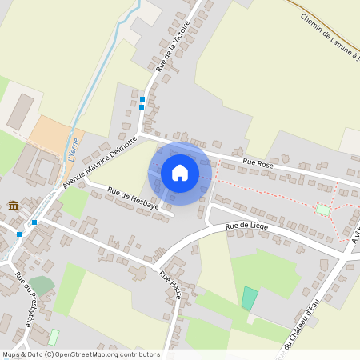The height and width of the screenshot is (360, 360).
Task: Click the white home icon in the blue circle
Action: [180, 172]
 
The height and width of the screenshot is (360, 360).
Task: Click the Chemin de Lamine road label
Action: [328, 35]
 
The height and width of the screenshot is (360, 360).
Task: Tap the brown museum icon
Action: [14, 207]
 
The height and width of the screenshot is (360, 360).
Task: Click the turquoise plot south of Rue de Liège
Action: [250, 298]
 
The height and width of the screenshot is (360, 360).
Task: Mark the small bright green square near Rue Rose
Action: [323, 210]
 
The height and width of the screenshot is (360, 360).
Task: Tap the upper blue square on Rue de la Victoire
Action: [142, 98]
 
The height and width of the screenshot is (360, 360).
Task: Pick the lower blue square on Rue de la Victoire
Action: [142, 106]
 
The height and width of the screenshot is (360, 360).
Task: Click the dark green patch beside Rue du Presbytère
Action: [42, 285]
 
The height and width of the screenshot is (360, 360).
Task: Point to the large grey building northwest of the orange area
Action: [21, 111]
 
